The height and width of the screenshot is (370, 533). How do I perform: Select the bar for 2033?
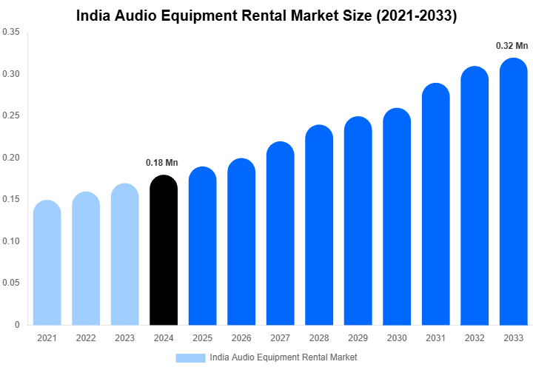click(514, 192)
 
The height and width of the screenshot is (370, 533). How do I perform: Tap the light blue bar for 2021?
click(47, 263)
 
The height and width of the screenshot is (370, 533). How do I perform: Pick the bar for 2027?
click(281, 233)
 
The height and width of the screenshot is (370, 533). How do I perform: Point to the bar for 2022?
click(86, 258)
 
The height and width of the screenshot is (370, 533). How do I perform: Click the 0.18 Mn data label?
click(162, 163)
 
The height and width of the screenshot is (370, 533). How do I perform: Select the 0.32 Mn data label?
click(512, 46)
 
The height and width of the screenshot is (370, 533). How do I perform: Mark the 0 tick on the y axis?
click(17, 324)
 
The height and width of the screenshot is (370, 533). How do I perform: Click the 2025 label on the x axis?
click(202, 338)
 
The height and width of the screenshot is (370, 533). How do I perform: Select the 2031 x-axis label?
click(435, 338)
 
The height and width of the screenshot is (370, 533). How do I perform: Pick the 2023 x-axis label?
click(124, 338)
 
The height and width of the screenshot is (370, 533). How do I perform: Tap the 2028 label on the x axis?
click(319, 338)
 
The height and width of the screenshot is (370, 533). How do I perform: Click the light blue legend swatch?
click(190, 357)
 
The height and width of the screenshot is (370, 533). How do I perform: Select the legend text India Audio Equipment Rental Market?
click(284, 357)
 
